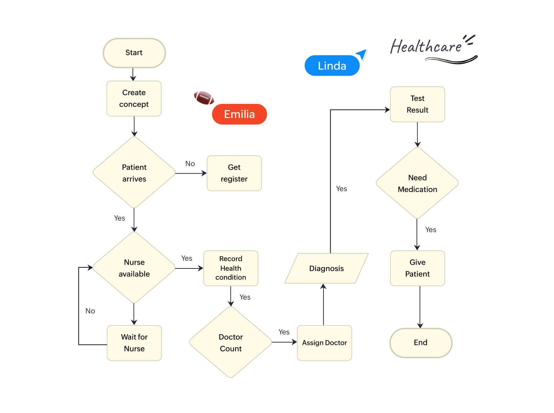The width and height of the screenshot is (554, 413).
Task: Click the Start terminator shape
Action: tap(134, 53)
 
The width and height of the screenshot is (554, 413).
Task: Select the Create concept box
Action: tap(134, 98)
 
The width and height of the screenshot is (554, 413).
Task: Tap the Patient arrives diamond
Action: tap(134, 173)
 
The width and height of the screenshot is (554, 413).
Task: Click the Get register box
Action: tap(234, 173)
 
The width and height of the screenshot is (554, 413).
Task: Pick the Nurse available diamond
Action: tap(134, 268)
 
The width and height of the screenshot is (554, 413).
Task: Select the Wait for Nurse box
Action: tap(134, 343)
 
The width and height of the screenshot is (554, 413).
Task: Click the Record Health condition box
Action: tap(231, 268)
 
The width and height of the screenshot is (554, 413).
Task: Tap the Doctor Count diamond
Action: tap(231, 342)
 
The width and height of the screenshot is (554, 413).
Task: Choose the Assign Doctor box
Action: tap(324, 343)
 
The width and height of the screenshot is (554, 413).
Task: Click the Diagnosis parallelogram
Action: tap(326, 268)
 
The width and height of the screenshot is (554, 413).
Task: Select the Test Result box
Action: tap(417, 104)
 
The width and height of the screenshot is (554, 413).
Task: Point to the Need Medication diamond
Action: tap(417, 183)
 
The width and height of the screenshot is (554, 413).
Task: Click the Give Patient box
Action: tap(417, 268)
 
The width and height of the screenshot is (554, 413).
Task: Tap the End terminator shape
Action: tap(420, 343)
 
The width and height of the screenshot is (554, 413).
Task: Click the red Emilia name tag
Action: tap(239, 114)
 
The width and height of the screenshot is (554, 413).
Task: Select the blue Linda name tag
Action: tap(332, 66)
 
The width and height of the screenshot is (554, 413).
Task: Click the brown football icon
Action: tap(204, 98)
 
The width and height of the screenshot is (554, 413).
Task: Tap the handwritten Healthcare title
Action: tap(427, 47)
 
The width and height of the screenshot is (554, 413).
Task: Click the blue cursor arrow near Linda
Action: tap(362, 54)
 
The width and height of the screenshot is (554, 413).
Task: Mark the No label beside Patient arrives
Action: tap(190, 164)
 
